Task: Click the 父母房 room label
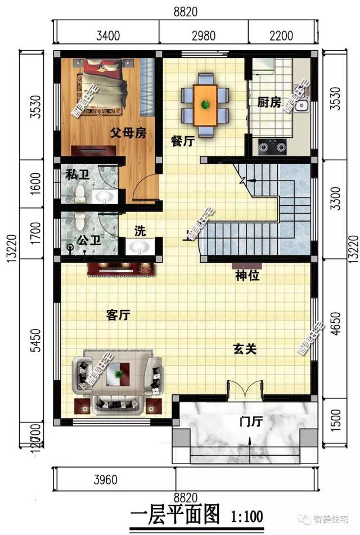click(128, 133)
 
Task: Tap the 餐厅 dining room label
click(182, 142)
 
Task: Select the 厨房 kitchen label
click(269, 103)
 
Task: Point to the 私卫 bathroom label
click(77, 175)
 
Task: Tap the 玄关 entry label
click(245, 349)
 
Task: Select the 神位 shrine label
click(246, 276)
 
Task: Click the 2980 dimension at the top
click(203, 36)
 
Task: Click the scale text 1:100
click(246, 515)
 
